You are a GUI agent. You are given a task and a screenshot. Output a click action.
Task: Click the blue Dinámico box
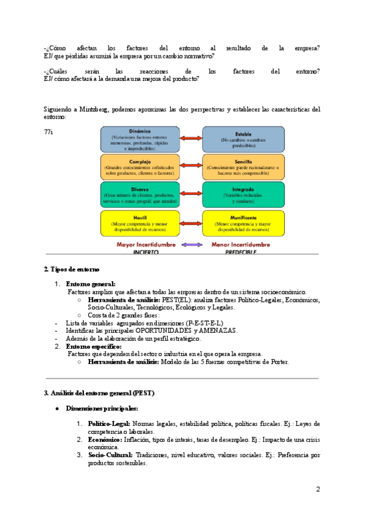140,139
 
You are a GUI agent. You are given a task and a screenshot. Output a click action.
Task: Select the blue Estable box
243,139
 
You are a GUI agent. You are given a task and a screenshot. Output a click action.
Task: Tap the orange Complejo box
140,167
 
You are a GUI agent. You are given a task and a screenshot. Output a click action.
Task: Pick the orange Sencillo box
243,167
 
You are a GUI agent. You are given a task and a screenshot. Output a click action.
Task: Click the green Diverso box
140,195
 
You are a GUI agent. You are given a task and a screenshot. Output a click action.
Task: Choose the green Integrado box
243,195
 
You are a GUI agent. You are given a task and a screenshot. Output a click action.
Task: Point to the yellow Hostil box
140,223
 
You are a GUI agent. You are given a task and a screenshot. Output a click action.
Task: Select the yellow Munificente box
243,223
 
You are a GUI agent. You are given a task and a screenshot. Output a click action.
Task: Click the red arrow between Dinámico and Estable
191,139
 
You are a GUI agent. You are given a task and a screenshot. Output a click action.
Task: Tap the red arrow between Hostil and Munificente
191,223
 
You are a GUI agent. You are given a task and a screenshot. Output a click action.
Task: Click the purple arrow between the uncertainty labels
191,245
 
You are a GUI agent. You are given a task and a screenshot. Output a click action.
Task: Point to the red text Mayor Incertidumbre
146,245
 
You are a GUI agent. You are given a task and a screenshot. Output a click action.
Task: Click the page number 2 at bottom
318,489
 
